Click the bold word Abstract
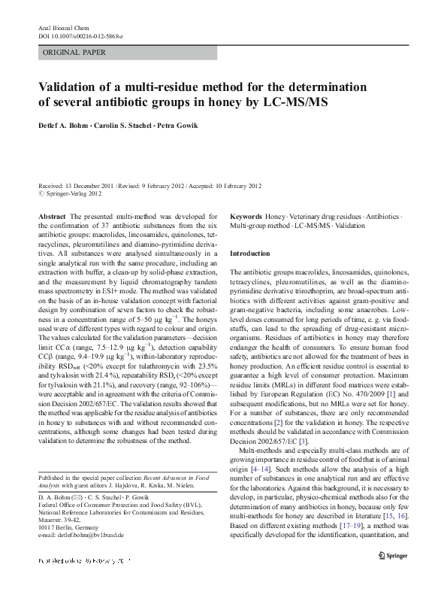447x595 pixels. coord(53,215)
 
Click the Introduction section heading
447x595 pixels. coord(254,253)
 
